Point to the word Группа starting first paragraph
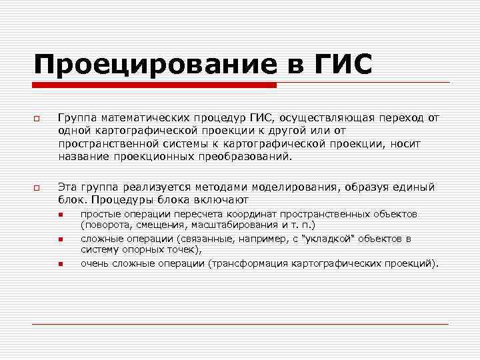click(76, 118)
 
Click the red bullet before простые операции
click(59, 215)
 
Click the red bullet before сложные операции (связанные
click(59, 239)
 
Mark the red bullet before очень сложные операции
click(59, 264)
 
